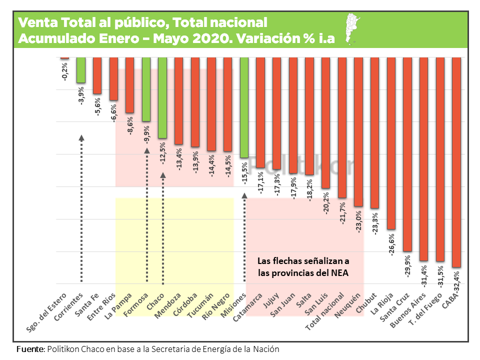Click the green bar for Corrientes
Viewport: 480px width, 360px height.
81,70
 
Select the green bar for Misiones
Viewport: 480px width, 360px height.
244,107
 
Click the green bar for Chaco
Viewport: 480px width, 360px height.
162,97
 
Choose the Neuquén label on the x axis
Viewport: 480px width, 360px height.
350,304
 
